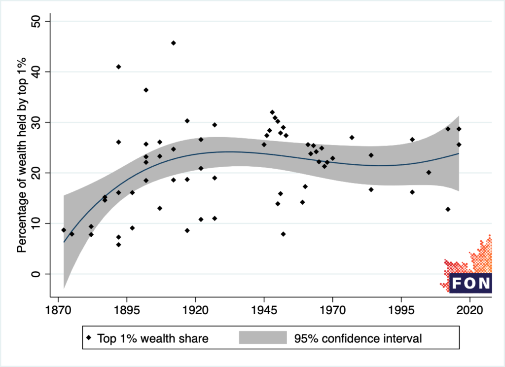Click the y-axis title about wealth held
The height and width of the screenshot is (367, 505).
pyautogui.click(x=22, y=148)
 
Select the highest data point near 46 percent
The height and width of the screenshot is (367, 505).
pyautogui.click(x=174, y=43)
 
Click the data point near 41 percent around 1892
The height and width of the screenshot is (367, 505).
pyautogui.click(x=118, y=67)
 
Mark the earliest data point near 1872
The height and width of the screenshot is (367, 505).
pyautogui.click(x=64, y=230)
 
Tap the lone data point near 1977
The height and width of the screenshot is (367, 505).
pyautogui.click(x=352, y=137)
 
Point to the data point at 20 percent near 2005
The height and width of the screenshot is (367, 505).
pyautogui.click(x=429, y=172)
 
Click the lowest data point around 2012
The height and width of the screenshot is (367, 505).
pyautogui.click(x=448, y=209)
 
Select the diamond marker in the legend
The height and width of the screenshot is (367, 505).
pyautogui.click(x=89, y=338)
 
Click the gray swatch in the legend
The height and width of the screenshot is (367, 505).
pyautogui.click(x=262, y=338)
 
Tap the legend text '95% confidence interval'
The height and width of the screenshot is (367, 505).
pyautogui.click(x=358, y=338)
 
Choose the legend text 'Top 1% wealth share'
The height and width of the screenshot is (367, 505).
pyautogui.click(x=152, y=338)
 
